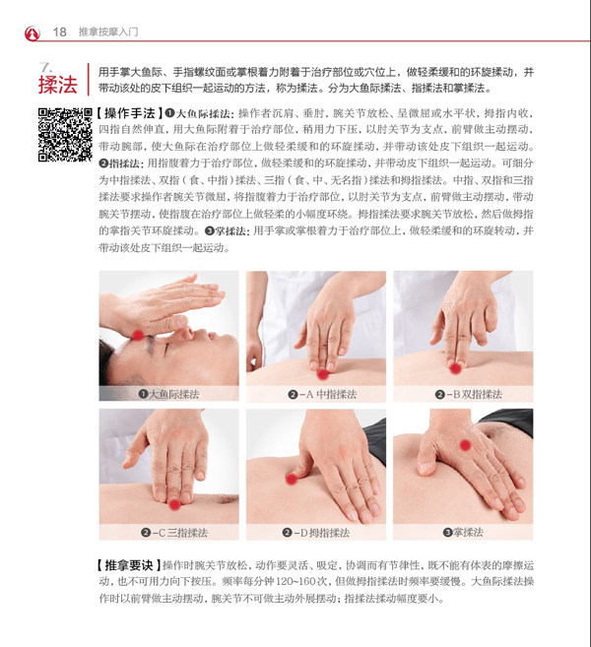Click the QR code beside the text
click(65, 135)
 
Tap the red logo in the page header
click(33, 33)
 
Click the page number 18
click(59, 32)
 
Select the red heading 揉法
click(58, 85)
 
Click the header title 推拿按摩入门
click(108, 32)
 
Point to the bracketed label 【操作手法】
click(129, 113)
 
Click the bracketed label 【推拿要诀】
click(129, 565)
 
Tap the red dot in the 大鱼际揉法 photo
click(138, 335)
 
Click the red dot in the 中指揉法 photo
click(323, 374)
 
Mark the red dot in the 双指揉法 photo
click(455, 368)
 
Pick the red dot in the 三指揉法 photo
click(175, 504)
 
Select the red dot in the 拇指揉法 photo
click(292, 479)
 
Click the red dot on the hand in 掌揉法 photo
click(465, 445)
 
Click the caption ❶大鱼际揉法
click(168, 394)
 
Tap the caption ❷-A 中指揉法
click(322, 395)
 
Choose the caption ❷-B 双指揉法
click(469, 395)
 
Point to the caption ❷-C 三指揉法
click(173, 533)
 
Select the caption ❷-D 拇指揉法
click(316, 533)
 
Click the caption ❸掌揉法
click(463, 533)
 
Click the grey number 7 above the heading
click(45, 67)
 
